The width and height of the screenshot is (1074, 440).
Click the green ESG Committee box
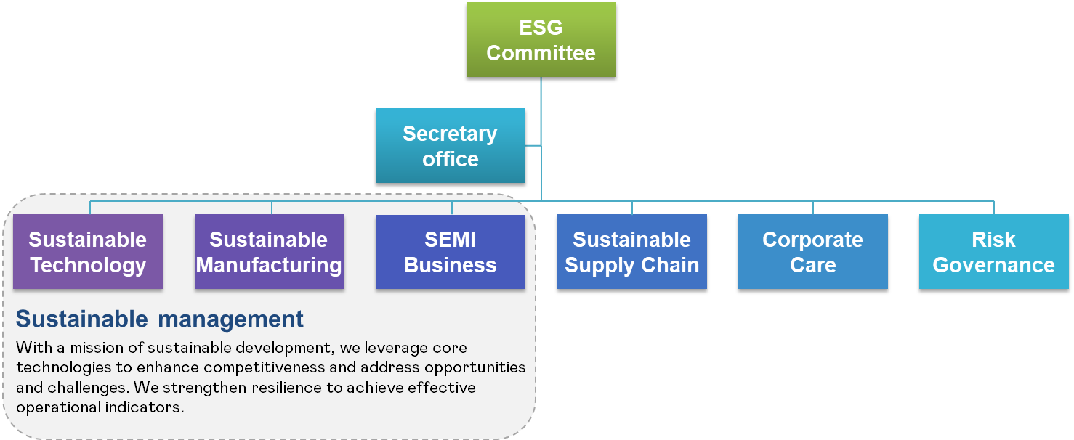tap(541, 39)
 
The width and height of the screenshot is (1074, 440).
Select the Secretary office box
tap(450, 145)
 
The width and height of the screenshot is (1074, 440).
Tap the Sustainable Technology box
tap(88, 251)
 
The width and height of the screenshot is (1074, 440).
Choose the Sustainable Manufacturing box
tap(269, 251)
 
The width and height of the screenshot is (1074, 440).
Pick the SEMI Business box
tap(450, 251)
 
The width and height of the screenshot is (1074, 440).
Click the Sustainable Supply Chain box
tap(631, 251)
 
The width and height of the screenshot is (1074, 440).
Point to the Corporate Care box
tap(812, 251)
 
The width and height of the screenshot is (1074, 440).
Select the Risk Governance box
tap(993, 251)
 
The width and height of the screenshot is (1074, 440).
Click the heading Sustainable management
tap(160, 319)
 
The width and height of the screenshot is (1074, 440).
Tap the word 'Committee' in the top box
tap(541, 53)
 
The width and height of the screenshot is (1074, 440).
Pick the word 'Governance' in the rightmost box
tap(993, 265)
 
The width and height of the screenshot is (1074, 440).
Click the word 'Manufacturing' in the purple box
tap(269, 265)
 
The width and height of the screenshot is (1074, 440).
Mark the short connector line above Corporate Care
tap(812, 208)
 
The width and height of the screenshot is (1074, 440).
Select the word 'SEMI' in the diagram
tap(450, 240)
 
